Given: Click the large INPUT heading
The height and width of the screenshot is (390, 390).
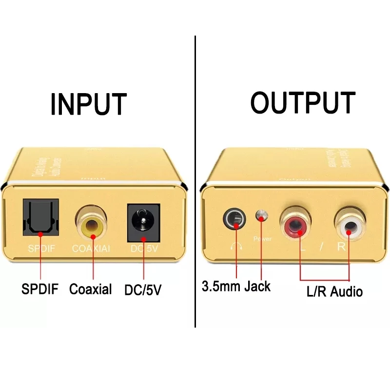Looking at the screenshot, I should point(89,103).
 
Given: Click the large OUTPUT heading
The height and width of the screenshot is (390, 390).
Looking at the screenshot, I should point(303,102).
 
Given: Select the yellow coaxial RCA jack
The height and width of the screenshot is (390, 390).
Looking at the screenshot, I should point(92,224).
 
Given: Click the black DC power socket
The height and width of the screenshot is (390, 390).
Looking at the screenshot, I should point(143,222).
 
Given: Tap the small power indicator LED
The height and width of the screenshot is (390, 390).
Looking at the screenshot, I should point(263,216).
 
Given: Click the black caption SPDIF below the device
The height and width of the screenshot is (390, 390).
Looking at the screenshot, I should point(40,289).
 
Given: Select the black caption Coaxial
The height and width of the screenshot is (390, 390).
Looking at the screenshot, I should point(90,289).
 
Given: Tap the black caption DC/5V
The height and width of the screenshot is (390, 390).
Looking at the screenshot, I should point(143,290).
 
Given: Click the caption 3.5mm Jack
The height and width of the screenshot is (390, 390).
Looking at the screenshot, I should point(236,286).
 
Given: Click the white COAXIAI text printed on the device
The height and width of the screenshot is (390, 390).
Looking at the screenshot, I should point(92,248).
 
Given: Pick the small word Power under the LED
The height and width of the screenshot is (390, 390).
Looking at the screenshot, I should point(262,239).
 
